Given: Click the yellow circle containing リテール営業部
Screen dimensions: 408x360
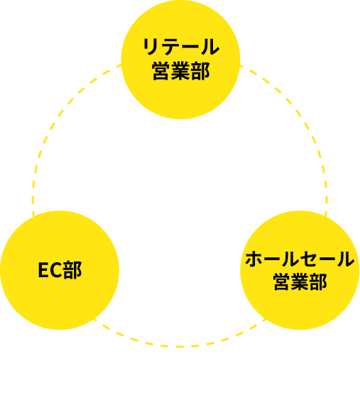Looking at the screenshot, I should point(180,60).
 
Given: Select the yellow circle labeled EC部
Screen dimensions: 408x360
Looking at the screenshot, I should point(60,270).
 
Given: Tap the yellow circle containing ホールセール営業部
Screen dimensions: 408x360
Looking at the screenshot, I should point(300,270).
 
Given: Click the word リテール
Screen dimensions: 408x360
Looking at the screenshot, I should point(180,48).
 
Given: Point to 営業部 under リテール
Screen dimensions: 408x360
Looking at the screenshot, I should point(180,72).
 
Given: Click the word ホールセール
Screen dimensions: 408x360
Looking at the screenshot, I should point(300,259).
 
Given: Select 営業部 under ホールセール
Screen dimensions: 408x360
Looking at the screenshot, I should point(300,282).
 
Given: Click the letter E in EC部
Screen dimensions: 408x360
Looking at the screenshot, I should point(43,271).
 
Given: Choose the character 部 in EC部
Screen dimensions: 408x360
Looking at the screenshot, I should point(72,271).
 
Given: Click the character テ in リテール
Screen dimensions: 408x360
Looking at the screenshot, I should point(170,48).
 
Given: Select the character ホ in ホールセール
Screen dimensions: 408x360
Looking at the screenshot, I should point(253,259).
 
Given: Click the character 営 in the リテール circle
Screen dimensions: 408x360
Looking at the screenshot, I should point(161,72).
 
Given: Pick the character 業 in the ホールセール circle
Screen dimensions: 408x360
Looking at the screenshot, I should point(300,282).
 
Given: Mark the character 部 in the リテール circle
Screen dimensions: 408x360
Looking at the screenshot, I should point(200,72).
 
